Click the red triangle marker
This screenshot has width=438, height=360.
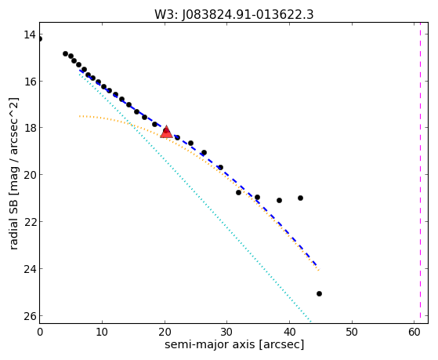166,132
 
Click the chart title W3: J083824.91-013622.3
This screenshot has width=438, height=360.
234,15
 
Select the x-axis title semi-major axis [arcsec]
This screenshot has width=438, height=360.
234,344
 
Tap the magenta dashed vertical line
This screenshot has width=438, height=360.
420,173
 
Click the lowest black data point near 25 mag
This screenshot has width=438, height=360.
319,293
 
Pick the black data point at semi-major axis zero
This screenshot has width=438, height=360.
40,39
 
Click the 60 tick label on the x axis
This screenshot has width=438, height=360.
414,332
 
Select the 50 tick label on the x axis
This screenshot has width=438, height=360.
352,332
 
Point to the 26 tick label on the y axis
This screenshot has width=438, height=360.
30,316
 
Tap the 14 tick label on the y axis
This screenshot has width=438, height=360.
30,35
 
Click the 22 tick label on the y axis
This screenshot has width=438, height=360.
30,221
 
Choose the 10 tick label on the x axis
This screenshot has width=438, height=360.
102,332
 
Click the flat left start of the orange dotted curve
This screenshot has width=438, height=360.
80,116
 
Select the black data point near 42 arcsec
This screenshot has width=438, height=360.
300,198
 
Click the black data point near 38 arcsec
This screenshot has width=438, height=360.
279,200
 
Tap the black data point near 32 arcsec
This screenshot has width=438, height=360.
238,192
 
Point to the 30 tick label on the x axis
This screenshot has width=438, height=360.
226,332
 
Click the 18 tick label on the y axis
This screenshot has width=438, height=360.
30,128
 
